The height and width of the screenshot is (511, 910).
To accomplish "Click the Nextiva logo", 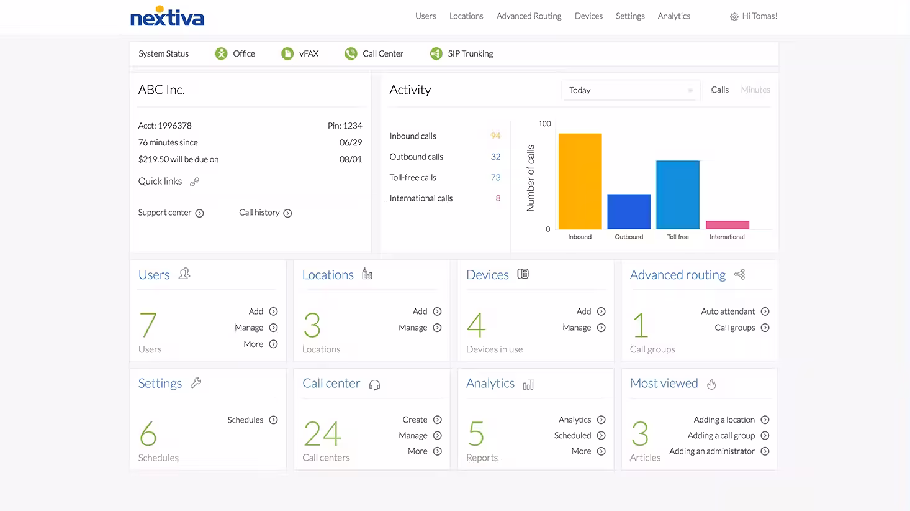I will click(167, 17).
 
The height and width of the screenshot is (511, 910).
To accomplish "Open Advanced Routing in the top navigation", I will click(529, 16).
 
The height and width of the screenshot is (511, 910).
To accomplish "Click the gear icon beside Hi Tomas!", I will click(734, 17).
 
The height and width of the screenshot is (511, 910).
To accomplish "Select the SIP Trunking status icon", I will click(436, 54).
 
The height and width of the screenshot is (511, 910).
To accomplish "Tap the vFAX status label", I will click(309, 54).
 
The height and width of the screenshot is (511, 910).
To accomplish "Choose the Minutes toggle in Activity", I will click(755, 90).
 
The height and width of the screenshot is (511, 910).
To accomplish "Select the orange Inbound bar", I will click(580, 181).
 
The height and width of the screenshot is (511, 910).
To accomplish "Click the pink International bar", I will click(727, 225).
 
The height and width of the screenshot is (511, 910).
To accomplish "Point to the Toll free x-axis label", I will click(678, 237).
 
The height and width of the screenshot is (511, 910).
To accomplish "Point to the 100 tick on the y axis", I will click(544, 124).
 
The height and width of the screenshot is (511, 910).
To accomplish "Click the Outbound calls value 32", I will click(495, 157).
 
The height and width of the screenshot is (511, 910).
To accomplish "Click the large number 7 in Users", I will click(148, 325).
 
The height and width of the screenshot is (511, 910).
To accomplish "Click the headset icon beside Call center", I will click(374, 385).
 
